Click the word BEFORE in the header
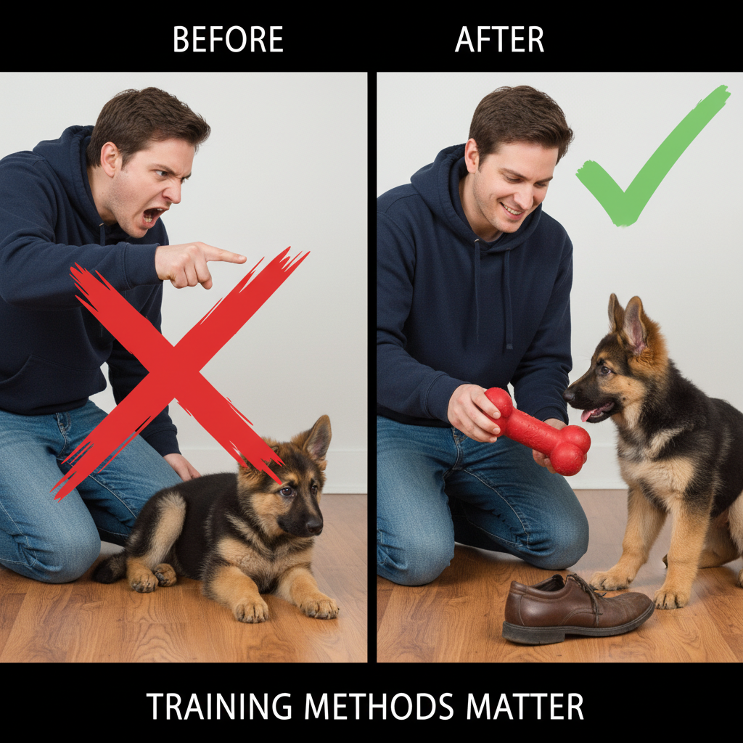pyautogui.click(x=228, y=39)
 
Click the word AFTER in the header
pyautogui.click(x=499, y=39)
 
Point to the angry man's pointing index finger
pyautogui.click(x=225, y=255)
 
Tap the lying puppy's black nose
pyautogui.click(x=313, y=524)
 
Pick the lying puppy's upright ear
pyautogui.click(x=318, y=438)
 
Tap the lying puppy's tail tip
pyautogui.click(x=106, y=570)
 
